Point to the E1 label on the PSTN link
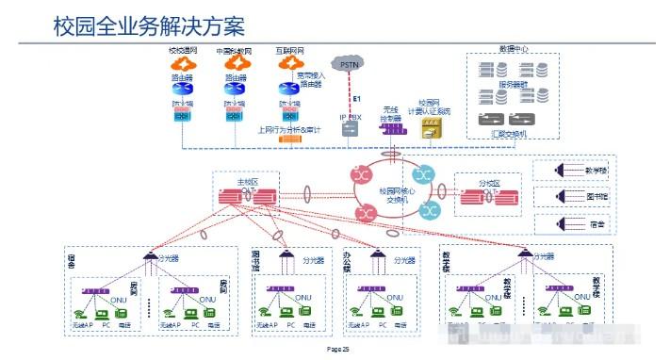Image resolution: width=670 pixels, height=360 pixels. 357,98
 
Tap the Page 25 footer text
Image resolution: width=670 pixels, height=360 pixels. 337,349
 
